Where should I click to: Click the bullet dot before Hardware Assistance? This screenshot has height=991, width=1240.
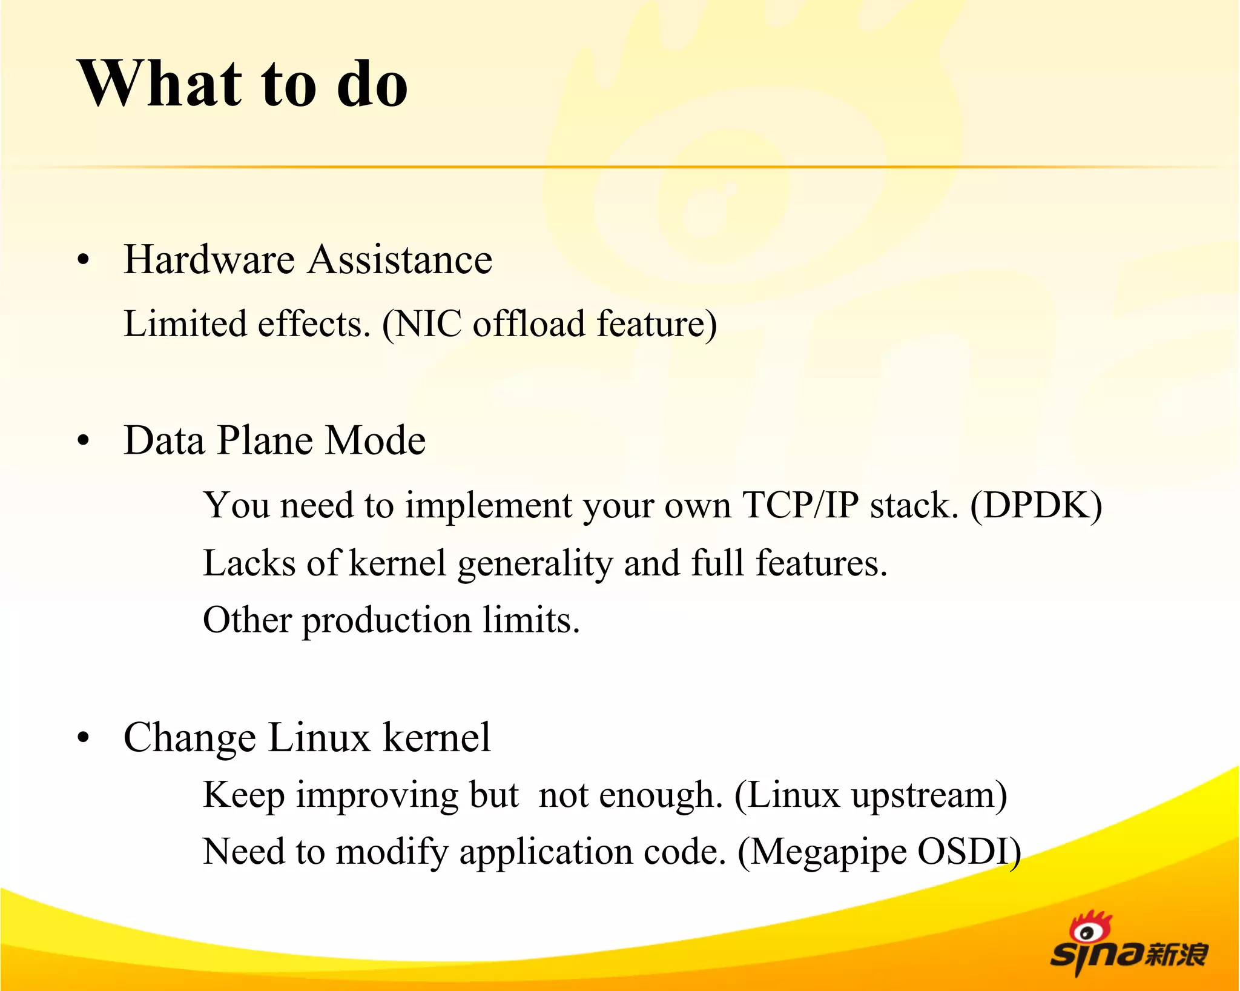coord(84,261)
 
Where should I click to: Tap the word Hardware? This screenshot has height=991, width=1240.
coord(209,259)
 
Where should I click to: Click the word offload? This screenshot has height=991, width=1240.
coord(529,323)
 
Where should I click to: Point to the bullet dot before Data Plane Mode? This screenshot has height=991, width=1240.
coord(84,442)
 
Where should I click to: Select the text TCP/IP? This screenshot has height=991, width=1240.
coord(800,505)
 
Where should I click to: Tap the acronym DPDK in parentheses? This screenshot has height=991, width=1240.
coord(1036,505)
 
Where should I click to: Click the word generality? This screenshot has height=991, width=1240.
coord(535,563)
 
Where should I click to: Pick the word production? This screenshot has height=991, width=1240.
coord(386,621)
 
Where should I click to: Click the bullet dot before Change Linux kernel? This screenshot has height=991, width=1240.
coord(84,738)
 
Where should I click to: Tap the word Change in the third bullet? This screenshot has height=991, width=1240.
coord(190,738)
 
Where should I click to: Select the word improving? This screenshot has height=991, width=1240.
coord(377,795)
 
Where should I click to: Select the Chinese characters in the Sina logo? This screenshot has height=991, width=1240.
coord(1176,955)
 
